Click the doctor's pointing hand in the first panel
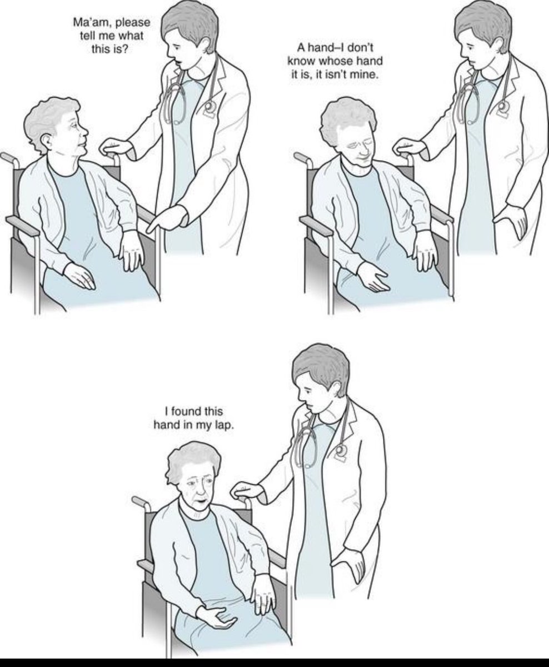[168, 217]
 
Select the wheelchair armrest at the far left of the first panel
[22, 226]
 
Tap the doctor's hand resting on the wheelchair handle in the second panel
[411, 146]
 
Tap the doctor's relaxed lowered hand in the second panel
[512, 221]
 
